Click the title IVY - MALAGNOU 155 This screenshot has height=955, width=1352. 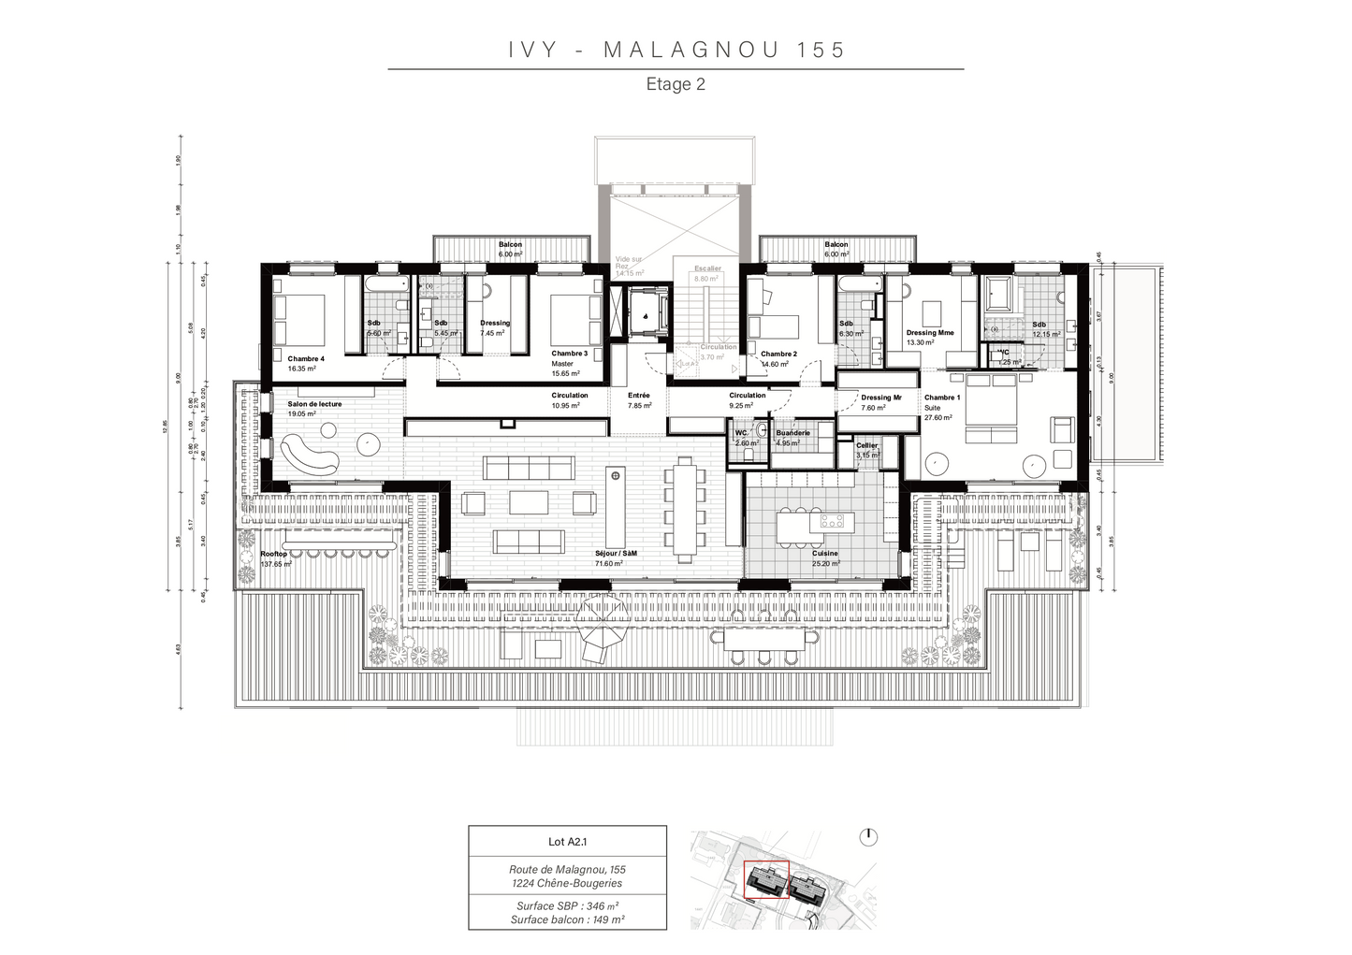(x=676, y=51)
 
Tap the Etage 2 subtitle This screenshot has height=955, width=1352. (x=676, y=84)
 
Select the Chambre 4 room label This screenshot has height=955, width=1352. (x=306, y=364)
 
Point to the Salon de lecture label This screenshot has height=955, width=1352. (x=314, y=409)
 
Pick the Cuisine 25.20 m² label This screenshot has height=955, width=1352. (x=825, y=558)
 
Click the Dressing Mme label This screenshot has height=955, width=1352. (x=929, y=337)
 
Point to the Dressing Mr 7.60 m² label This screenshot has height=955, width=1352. (x=881, y=402)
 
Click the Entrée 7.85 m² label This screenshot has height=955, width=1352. (x=639, y=400)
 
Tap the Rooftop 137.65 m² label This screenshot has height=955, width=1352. (x=276, y=558)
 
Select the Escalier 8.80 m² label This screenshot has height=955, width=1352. (x=707, y=273)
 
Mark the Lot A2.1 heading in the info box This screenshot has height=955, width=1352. (x=567, y=841)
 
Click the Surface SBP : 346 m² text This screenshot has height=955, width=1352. (x=567, y=905)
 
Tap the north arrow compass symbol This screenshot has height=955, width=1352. (x=869, y=835)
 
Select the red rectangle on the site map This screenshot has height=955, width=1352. (x=766, y=880)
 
